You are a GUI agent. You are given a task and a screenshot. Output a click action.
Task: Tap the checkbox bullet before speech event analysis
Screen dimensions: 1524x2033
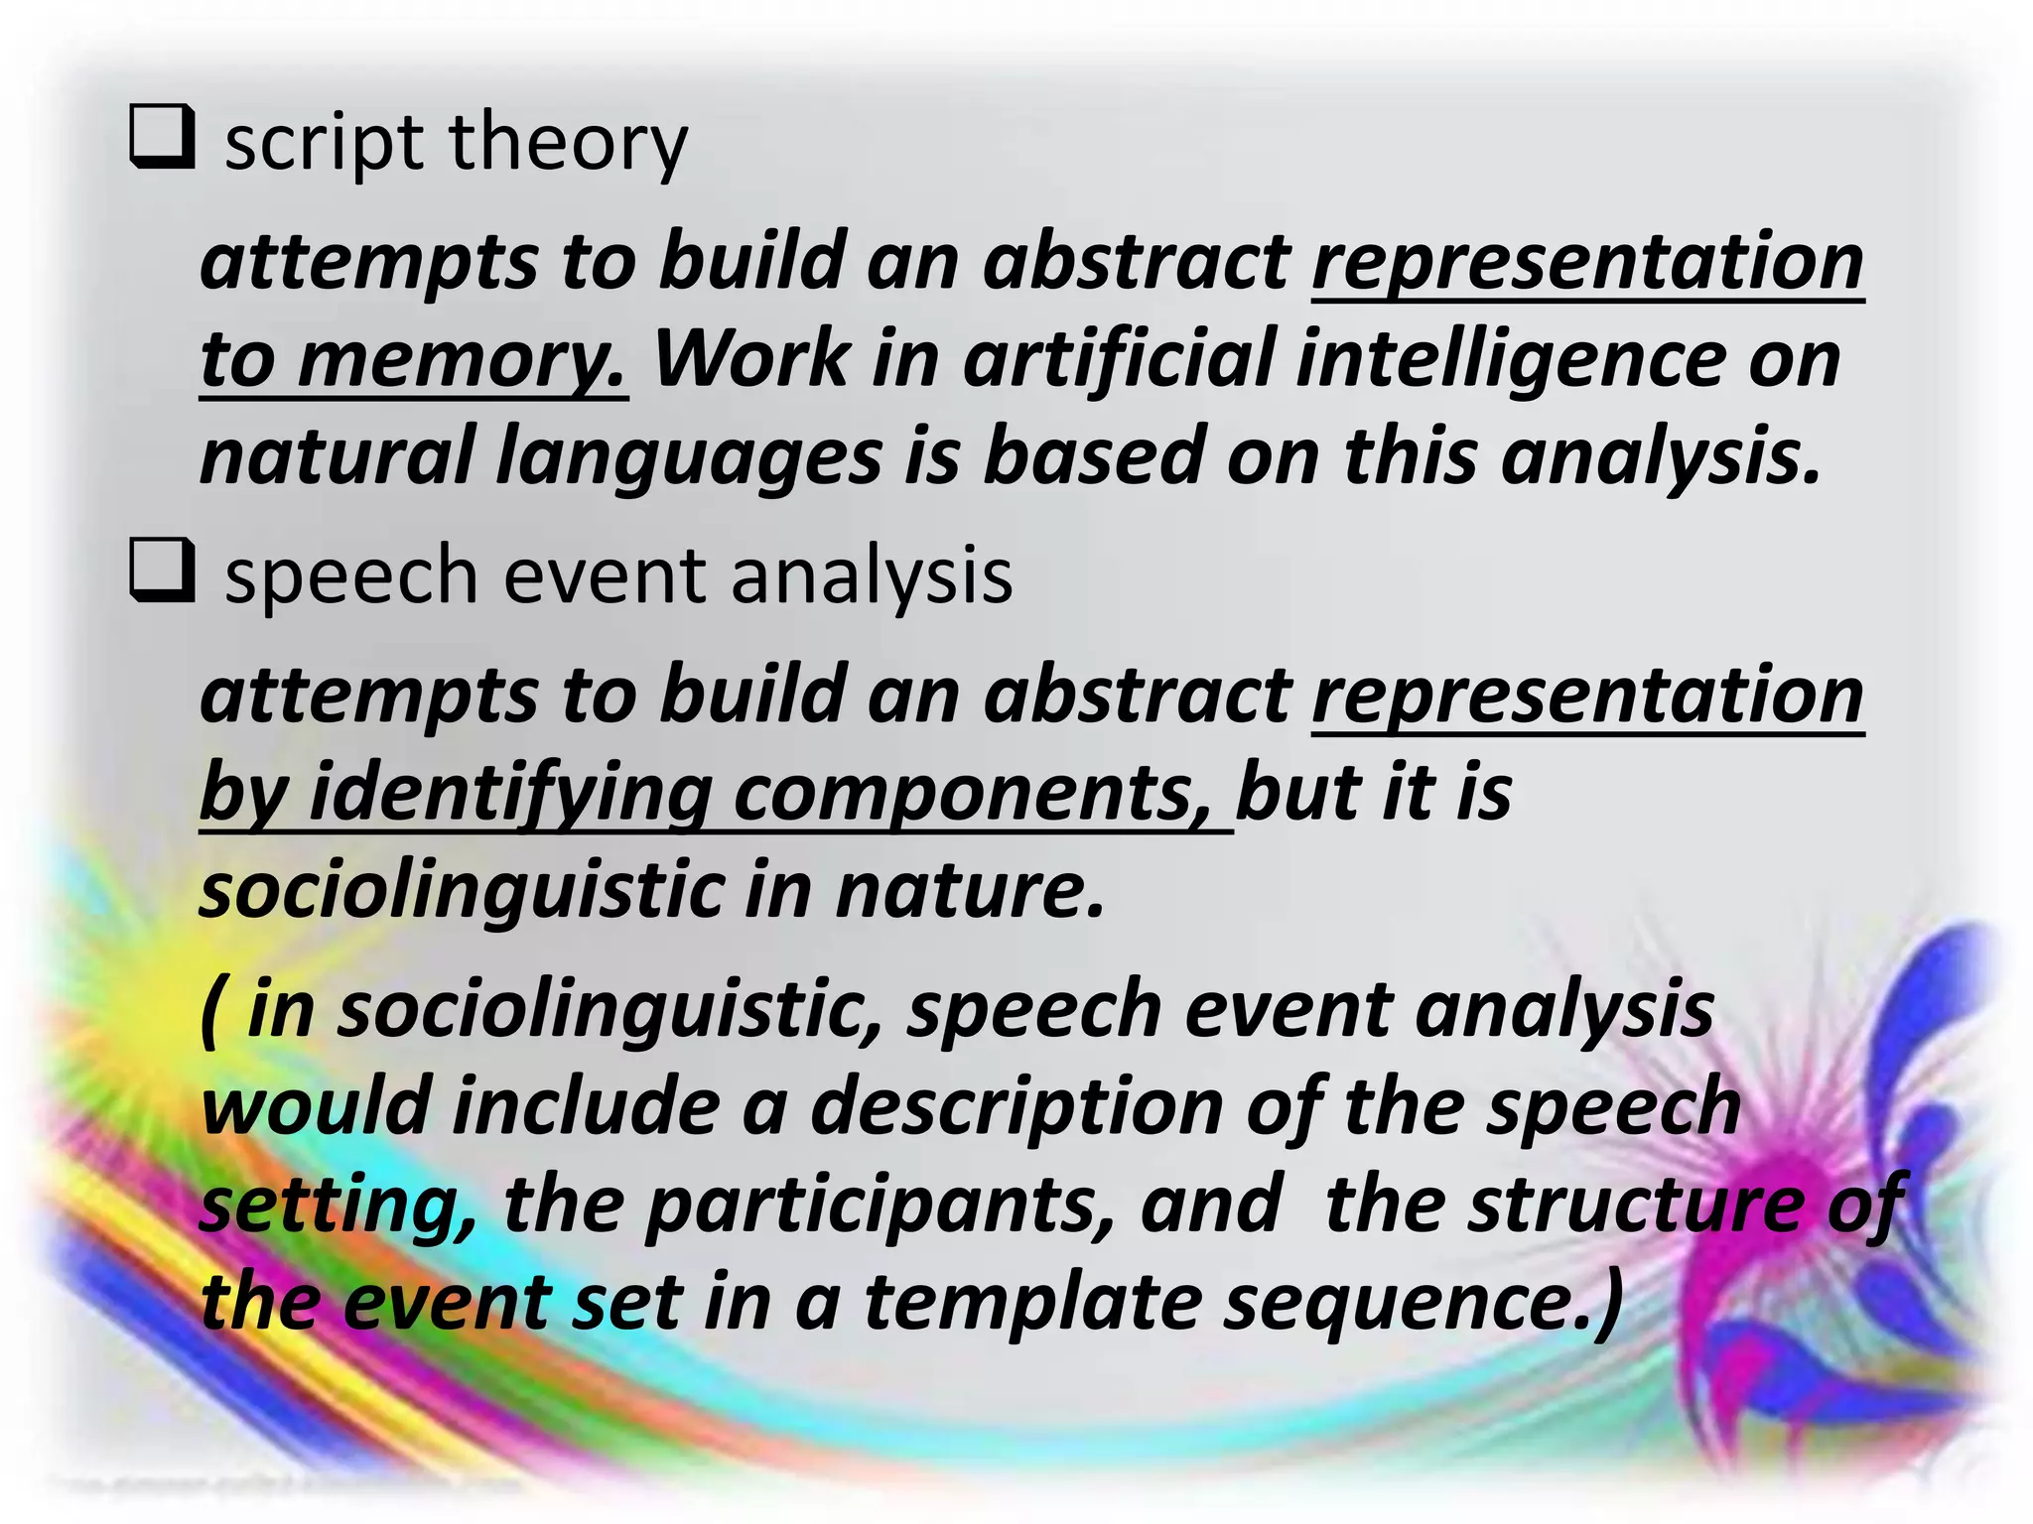[x=162, y=573]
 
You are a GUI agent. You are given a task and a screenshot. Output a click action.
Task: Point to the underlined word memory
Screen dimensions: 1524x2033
[x=463, y=359]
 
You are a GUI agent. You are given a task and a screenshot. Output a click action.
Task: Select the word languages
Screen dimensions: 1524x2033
[x=688, y=456]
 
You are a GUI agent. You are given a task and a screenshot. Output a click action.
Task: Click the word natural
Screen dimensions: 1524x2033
[x=337, y=454]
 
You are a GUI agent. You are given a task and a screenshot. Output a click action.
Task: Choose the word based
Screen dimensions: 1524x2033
[x=1093, y=454]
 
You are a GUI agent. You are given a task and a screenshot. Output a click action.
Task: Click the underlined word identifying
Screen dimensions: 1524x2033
[x=510, y=794]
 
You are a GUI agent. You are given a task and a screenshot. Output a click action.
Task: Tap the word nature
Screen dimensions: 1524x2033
[x=970, y=890]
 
